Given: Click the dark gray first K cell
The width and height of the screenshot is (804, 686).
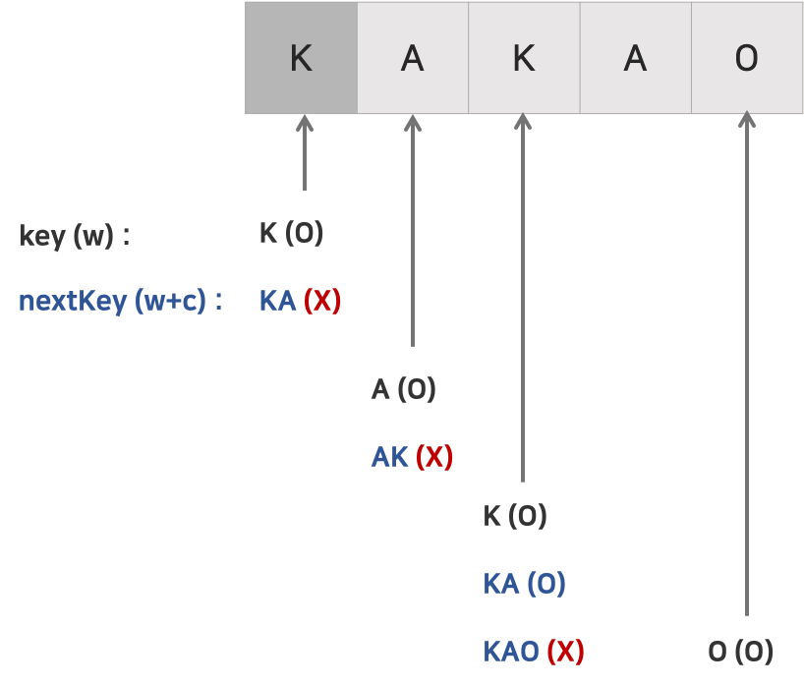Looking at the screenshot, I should [301, 58].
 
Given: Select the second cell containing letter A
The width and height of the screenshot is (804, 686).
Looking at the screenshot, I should [412, 58].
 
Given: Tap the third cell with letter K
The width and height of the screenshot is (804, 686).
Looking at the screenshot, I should [524, 58].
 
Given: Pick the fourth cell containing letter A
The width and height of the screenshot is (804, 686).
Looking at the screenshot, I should [635, 58].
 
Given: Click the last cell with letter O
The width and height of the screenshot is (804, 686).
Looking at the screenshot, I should [747, 58].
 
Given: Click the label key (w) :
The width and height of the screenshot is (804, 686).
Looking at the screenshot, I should [75, 236].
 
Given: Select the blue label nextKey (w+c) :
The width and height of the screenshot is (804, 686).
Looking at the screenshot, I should [120, 301].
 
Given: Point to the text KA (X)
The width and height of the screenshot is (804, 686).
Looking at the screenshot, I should [300, 301].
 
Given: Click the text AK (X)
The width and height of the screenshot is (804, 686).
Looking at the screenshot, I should [412, 457].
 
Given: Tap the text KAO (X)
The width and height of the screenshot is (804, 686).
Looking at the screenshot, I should [534, 651].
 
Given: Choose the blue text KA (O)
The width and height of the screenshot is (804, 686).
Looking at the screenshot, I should [524, 584].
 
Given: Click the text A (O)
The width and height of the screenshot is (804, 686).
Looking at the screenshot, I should [403, 390].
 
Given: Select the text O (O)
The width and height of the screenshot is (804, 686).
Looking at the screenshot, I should [740, 651].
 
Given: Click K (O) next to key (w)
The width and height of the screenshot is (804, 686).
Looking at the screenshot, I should [291, 234].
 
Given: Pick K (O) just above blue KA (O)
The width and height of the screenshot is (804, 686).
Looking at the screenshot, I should [514, 516].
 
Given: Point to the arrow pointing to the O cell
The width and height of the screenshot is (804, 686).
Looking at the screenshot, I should [747, 364].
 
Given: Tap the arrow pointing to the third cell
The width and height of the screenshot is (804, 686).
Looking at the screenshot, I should [523, 295].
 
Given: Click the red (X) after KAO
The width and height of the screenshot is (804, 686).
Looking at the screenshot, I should [565, 651].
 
